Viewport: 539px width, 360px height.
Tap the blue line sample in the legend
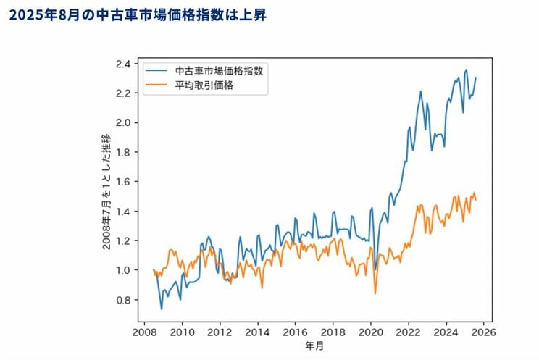click(157, 71)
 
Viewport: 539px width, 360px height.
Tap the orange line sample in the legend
click(157, 85)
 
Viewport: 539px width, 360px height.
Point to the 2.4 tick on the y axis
click(124, 64)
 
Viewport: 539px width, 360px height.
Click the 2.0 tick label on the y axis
click(124, 122)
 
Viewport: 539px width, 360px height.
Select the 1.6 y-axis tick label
click(124, 182)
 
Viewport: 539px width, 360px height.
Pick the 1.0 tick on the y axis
click(124, 270)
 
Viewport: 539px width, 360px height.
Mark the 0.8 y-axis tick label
click(124, 300)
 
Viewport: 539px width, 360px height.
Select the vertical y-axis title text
click(106, 192)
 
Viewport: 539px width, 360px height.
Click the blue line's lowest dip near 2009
click(162, 309)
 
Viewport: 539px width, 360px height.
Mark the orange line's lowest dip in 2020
click(375, 293)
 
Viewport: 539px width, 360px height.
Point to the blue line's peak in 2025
click(467, 70)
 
